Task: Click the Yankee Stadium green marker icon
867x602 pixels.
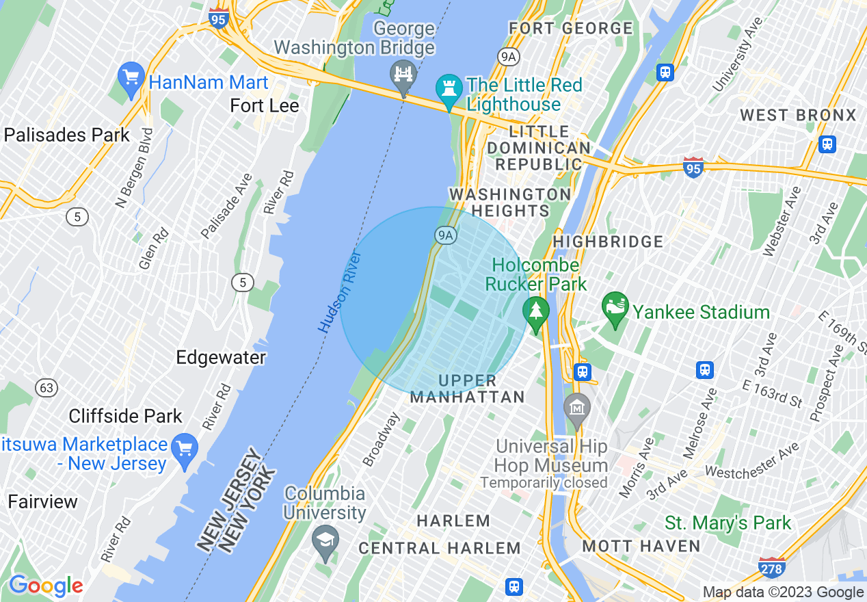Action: pyautogui.click(x=615, y=309)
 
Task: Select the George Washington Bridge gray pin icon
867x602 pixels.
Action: pyautogui.click(x=403, y=75)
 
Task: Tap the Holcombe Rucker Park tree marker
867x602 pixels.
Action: pyautogui.click(x=536, y=313)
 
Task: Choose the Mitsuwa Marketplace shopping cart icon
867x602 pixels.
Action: pyautogui.click(x=184, y=449)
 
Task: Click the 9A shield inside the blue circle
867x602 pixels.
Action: pyautogui.click(x=445, y=235)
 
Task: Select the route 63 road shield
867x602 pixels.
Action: pyautogui.click(x=46, y=388)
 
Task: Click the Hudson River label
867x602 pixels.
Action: pyautogui.click(x=339, y=291)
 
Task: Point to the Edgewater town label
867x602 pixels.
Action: pyautogui.click(x=220, y=358)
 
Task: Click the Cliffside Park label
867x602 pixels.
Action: pyautogui.click(x=126, y=416)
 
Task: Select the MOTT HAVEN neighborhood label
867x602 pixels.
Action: pyautogui.click(x=641, y=546)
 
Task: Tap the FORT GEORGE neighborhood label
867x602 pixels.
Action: pyautogui.click(x=570, y=29)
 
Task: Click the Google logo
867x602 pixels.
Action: pyautogui.click(x=46, y=586)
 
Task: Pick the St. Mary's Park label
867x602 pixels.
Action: pyautogui.click(x=728, y=523)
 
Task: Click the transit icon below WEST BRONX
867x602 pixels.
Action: pyautogui.click(x=827, y=144)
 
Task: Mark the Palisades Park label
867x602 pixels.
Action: pyautogui.click(x=66, y=135)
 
